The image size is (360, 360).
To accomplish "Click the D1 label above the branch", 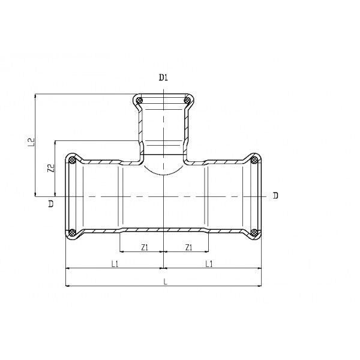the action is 163,78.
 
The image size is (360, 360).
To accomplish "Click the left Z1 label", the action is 145,247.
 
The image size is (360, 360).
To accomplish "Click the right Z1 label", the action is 188,247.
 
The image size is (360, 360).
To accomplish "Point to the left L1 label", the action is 115,264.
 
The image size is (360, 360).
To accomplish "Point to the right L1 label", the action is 209,264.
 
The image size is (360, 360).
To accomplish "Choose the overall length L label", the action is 166,282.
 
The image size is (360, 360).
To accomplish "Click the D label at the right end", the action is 275,196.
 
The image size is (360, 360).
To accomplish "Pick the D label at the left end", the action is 51,203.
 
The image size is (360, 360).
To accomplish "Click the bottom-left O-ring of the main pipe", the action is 73,233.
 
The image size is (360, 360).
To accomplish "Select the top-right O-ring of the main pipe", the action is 254,160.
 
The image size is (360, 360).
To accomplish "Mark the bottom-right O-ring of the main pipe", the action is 254,233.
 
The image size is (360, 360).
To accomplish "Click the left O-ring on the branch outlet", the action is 139,100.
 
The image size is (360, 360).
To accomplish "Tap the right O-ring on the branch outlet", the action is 188,100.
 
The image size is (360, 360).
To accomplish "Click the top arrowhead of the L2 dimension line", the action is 35,96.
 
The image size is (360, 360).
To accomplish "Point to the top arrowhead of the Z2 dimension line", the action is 55,143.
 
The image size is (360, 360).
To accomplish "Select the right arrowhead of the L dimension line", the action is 259,286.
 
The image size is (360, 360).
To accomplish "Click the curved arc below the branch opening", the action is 163,175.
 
